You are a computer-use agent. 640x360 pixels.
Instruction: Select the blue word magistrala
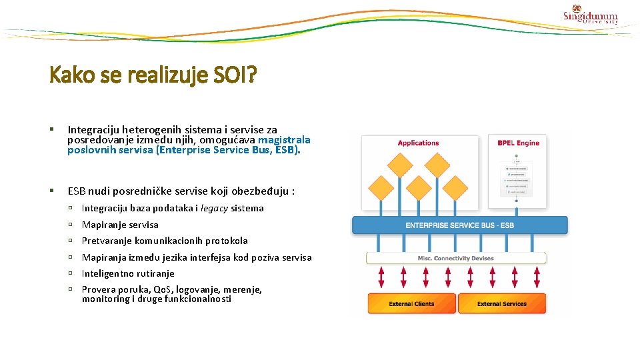[x=284, y=140]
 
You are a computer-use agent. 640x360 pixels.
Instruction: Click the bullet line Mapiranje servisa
[x=120, y=225]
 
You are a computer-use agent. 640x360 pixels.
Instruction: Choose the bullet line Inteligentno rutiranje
[x=128, y=273]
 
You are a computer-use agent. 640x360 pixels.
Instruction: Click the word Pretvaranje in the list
[x=107, y=241]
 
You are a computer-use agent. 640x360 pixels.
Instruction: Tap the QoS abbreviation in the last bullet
[x=163, y=289]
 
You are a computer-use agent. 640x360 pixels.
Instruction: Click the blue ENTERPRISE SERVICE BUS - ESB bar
[x=459, y=225]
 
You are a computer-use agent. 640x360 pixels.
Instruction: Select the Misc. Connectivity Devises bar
[x=457, y=258]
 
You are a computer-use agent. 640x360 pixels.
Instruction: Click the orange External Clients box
[x=412, y=304]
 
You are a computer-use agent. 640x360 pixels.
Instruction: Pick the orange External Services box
[x=501, y=304]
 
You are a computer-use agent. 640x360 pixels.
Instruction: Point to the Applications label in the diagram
[x=418, y=143]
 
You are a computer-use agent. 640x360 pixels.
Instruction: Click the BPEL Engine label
[x=518, y=143]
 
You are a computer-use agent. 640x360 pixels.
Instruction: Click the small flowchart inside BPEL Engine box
[x=517, y=178]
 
